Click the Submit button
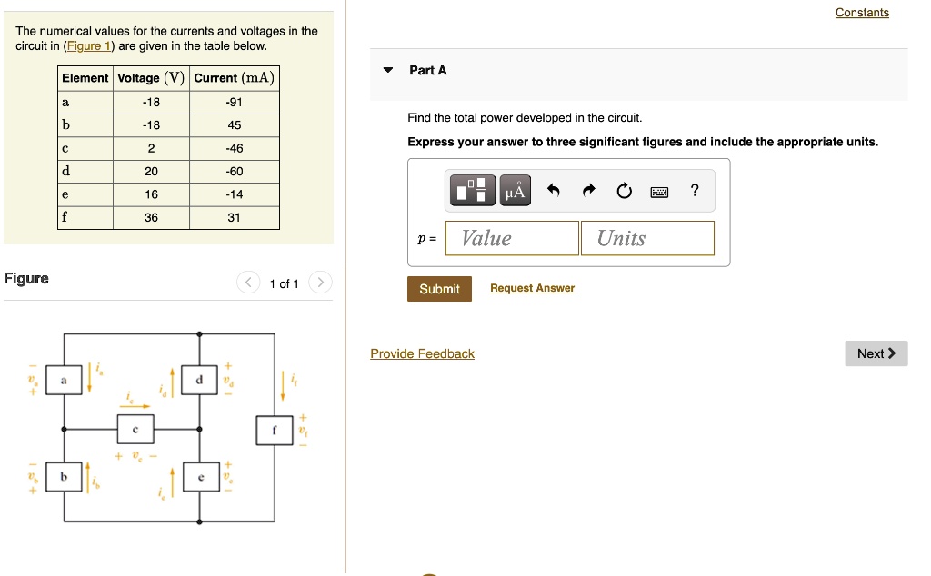pos(439,289)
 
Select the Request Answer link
pos(532,288)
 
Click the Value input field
pos(512,238)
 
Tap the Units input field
pos(646,238)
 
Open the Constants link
pos(862,13)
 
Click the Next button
pos(876,353)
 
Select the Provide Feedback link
pos(422,353)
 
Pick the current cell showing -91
pos(234,102)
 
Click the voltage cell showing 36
pos(151,217)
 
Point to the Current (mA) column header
pos(234,78)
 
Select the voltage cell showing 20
pos(151,171)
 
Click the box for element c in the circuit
pos(135,428)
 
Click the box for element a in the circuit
pos(64,380)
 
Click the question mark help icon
pos(695,190)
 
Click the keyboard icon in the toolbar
pos(659,191)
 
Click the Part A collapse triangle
pos(388,70)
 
